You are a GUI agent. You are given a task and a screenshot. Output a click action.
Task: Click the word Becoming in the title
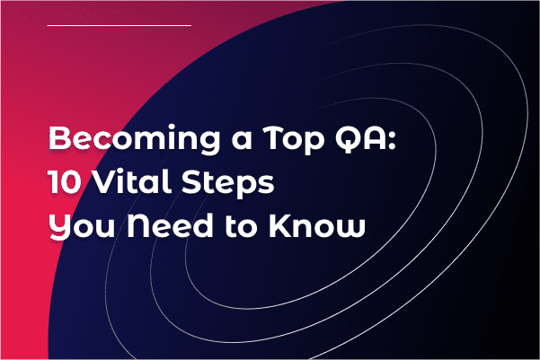click(134, 139)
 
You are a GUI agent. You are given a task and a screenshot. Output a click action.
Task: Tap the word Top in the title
click(294, 140)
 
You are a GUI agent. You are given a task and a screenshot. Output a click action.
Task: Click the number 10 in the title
click(65, 181)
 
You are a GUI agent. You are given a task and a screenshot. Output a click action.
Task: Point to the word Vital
click(133, 181)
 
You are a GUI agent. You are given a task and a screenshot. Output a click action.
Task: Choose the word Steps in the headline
click(228, 183)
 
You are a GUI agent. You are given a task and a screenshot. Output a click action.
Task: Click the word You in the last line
click(82, 226)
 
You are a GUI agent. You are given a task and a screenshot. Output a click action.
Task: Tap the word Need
click(170, 225)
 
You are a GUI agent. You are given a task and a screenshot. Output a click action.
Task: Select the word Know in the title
click(317, 225)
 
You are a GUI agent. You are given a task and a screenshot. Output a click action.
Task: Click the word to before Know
click(241, 226)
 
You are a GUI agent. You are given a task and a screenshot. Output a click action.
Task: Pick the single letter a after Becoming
click(242, 140)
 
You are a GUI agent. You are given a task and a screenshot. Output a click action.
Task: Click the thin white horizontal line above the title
click(120, 25)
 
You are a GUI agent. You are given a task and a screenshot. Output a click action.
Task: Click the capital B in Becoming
click(59, 138)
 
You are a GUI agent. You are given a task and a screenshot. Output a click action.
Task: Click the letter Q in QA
click(347, 138)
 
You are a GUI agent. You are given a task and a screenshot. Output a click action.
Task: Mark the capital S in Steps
click(191, 181)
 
